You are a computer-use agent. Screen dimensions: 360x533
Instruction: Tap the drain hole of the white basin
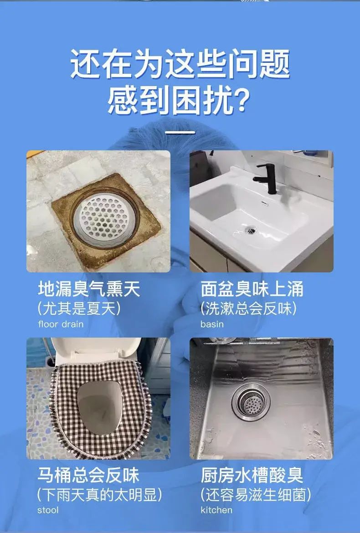pyautogui.click(x=251, y=231)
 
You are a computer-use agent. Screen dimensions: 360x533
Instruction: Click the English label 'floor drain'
pyautogui.click(x=61, y=324)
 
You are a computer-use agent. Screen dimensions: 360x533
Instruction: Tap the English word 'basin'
pyautogui.click(x=212, y=324)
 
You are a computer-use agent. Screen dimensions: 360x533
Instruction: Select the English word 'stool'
pyautogui.click(x=48, y=510)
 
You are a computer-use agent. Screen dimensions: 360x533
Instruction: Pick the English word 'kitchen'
pyautogui.click(x=216, y=510)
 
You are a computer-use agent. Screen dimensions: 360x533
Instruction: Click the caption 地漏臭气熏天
pyautogui.click(x=89, y=290)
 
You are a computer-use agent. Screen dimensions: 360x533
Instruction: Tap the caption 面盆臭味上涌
pyautogui.click(x=252, y=290)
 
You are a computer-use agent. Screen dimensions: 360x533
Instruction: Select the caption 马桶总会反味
pyautogui.click(x=88, y=475)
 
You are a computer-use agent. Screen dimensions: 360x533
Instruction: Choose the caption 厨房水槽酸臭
pyautogui.click(x=252, y=475)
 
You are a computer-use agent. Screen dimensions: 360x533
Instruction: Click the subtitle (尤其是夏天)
pyautogui.click(x=79, y=309)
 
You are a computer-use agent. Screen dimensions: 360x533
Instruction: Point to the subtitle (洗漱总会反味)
pyautogui.click(x=248, y=309)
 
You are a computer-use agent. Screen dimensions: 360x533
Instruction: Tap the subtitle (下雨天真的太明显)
pyautogui.click(x=99, y=495)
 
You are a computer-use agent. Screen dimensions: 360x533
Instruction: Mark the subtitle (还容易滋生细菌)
pyautogui.click(x=256, y=495)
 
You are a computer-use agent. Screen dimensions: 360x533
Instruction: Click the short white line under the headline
pyautogui.click(x=180, y=132)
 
